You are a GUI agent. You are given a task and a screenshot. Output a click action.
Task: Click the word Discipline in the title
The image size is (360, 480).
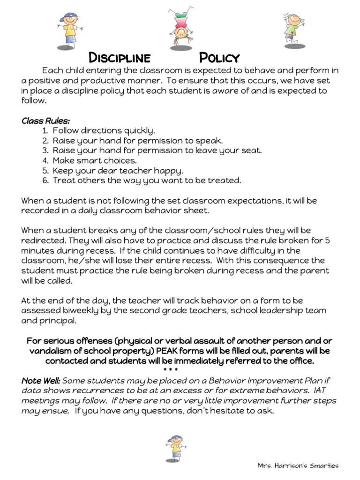120,58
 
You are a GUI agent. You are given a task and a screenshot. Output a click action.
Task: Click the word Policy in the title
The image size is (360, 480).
219,58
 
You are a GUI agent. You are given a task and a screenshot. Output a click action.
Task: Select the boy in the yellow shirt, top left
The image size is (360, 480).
69,31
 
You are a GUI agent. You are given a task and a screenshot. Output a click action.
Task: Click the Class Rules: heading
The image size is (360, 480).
45,121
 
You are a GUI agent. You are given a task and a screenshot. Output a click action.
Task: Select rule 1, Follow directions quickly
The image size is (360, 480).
104,130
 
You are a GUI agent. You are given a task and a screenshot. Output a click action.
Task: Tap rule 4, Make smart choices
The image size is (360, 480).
95,160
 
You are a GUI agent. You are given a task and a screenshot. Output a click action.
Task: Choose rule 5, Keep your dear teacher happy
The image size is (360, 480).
118,170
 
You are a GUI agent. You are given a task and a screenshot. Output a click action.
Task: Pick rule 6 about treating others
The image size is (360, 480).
147,180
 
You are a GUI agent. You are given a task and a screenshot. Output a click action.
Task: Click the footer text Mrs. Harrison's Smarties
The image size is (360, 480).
298,465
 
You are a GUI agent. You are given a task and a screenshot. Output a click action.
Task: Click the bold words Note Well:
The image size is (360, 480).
41,381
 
